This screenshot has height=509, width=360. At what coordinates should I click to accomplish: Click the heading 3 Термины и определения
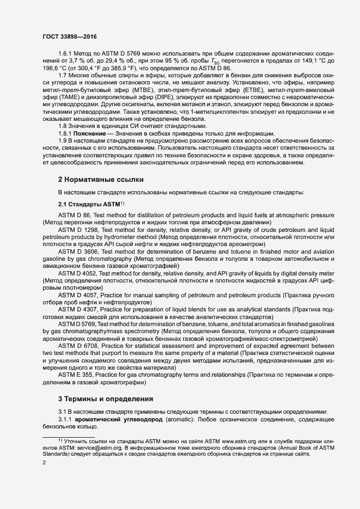pos(106,398)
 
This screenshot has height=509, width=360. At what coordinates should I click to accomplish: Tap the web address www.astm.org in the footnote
pos(243,439)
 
